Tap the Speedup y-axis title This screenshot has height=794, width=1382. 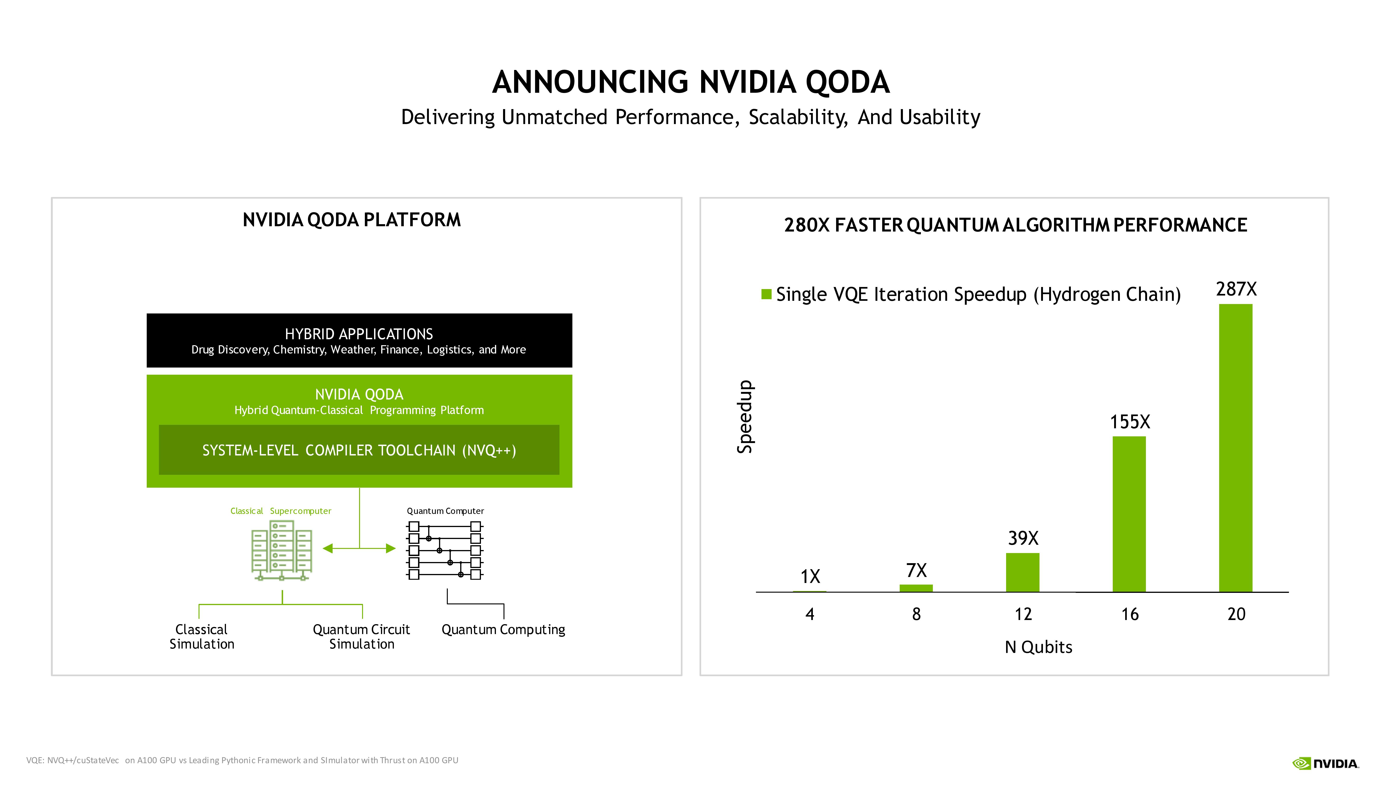pyautogui.click(x=745, y=417)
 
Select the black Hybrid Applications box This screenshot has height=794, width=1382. pyautogui.click(x=359, y=340)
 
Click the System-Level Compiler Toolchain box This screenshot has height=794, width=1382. pyautogui.click(x=359, y=450)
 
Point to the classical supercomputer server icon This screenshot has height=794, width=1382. pyautogui.click(x=281, y=550)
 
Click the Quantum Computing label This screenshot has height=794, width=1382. pyautogui.click(x=503, y=630)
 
